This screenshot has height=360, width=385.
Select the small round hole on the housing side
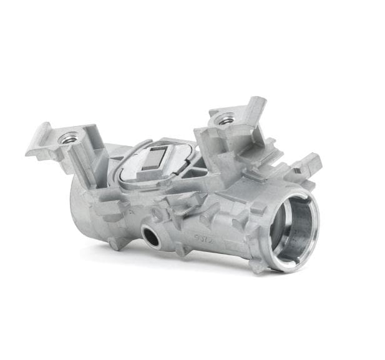click(x=150, y=235)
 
